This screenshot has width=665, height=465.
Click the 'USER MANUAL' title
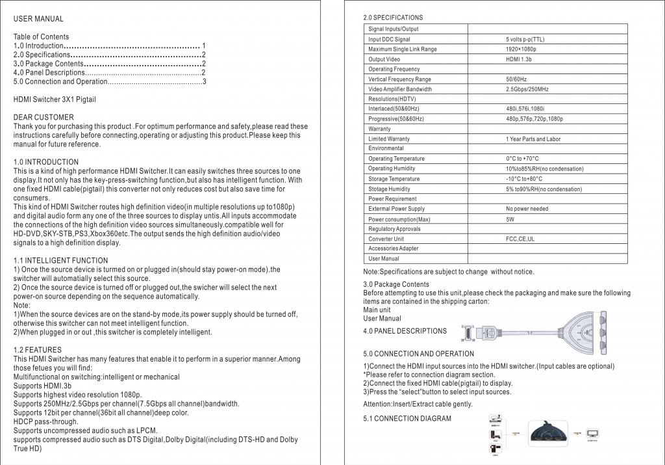click(x=38, y=19)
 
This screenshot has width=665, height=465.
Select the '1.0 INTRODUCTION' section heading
click(x=46, y=162)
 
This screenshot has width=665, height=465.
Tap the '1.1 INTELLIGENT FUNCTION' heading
click(x=60, y=261)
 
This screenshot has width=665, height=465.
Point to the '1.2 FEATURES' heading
click(x=37, y=350)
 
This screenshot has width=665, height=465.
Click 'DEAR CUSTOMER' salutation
click(x=44, y=117)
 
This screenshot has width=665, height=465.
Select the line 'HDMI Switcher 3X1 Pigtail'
click(x=55, y=100)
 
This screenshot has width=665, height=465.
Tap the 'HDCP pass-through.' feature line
click(x=45, y=421)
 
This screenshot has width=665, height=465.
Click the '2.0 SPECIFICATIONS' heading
click(x=393, y=18)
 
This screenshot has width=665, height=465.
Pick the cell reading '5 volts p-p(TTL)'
click(x=525, y=39)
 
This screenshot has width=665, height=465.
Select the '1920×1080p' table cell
click(x=521, y=49)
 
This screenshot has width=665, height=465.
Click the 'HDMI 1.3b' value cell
click(x=519, y=59)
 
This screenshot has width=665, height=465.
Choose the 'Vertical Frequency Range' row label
click(x=399, y=79)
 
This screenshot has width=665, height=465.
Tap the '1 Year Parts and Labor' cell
click(x=533, y=139)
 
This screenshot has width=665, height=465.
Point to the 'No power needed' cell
click(x=527, y=209)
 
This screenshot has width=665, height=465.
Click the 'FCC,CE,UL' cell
click(x=520, y=239)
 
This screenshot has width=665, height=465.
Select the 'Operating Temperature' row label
click(x=396, y=159)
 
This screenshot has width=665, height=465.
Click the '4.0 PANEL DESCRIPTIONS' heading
click(x=405, y=331)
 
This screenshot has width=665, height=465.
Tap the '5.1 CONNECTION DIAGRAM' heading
click(x=407, y=418)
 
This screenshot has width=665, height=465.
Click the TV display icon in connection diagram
click(x=593, y=432)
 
